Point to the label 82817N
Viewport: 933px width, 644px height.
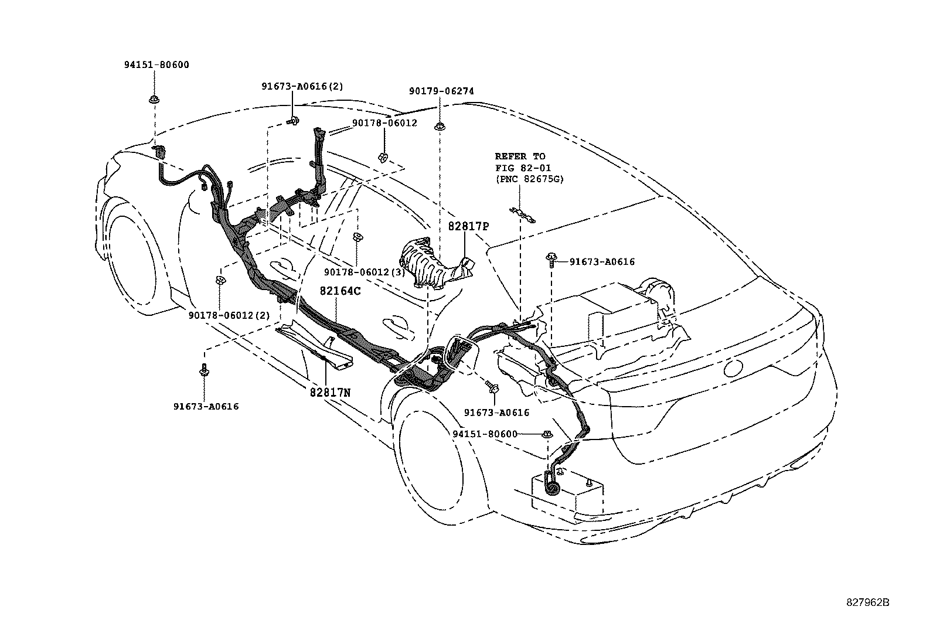point(330,393)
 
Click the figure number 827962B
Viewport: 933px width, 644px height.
point(867,602)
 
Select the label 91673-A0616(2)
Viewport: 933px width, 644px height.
point(302,86)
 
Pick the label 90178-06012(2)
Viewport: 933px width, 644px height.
point(229,315)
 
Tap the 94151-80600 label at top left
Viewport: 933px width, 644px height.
point(156,65)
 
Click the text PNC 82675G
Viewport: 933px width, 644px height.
point(529,179)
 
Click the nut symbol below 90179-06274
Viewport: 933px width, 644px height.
point(439,126)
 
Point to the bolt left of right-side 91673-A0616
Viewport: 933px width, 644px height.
point(552,259)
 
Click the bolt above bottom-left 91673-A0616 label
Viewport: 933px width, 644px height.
point(205,370)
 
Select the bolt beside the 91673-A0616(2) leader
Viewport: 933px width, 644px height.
point(294,121)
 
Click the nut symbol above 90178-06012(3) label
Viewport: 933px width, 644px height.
point(356,237)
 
